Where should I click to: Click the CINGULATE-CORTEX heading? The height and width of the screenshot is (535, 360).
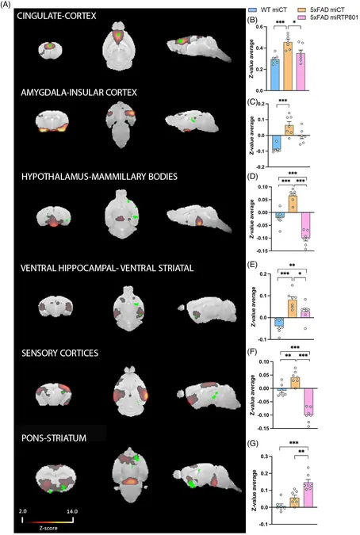56,16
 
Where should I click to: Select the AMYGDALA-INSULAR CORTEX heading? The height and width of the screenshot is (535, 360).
79,93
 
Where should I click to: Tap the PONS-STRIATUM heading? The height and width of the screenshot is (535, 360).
54,438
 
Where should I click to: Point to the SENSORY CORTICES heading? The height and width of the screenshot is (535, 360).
60,353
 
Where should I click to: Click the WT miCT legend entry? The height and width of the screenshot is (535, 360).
268,10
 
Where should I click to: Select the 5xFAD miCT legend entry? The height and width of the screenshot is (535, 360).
322,10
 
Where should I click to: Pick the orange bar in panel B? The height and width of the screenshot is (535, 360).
288,67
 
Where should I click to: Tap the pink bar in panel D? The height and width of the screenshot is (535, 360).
306,225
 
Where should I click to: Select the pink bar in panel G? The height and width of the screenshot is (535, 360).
308,495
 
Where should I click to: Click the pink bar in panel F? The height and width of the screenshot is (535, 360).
308,402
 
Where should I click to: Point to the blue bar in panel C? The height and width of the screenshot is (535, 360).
277,143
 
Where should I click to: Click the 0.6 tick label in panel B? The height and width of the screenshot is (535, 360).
261,27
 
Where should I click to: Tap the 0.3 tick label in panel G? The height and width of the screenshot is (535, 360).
262,457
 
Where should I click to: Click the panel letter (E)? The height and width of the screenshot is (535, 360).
253,265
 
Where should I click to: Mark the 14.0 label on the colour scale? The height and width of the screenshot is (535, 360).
71,511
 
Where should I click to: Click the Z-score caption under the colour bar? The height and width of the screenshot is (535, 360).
48,528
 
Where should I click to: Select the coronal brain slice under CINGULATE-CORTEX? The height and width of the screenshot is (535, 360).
50,49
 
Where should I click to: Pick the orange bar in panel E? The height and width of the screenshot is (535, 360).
293,309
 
